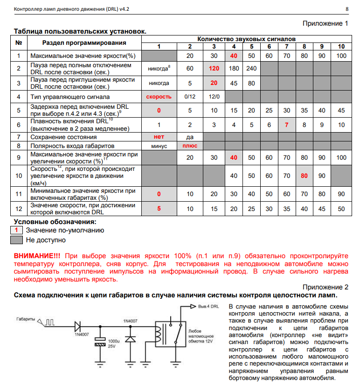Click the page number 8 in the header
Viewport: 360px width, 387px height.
(346, 9)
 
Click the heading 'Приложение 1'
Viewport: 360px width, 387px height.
(325, 23)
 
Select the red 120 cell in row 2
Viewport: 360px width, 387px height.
(214, 68)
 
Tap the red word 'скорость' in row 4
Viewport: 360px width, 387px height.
(159, 97)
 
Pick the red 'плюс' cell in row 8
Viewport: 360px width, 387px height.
(189, 146)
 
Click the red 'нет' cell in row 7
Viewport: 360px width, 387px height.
(159, 137)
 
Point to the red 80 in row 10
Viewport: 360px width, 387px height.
(304, 176)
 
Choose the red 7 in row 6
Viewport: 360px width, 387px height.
(286, 125)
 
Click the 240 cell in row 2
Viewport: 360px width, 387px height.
(251, 68)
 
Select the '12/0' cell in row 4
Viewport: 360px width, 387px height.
(214, 97)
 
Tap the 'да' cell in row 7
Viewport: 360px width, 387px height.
(189, 137)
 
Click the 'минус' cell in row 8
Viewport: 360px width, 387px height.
(159, 146)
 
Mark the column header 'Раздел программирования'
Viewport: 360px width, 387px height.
(84, 43)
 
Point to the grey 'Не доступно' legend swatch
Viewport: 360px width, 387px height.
(17, 240)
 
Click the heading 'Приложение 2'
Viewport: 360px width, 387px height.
(325, 287)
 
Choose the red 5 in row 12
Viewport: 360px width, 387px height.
(159, 208)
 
